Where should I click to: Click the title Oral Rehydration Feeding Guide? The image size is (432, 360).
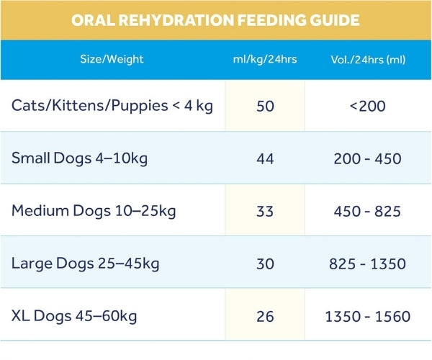[x=215, y=20]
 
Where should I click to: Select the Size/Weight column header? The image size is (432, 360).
[x=112, y=59]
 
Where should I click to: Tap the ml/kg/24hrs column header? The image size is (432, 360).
[x=265, y=59]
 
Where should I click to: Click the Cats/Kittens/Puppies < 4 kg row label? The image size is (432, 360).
[x=112, y=105]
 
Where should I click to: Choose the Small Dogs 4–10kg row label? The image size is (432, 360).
[x=79, y=158]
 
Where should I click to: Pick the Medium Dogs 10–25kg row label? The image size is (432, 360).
[x=94, y=211]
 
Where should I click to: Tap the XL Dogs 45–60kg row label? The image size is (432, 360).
[x=74, y=315]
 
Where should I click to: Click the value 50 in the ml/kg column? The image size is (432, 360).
[x=265, y=106]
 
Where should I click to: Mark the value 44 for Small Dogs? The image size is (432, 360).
[x=265, y=158]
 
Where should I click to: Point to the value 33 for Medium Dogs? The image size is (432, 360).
[x=265, y=212]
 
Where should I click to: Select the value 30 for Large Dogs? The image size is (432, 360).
[x=265, y=264]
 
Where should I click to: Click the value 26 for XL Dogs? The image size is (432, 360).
[x=265, y=316]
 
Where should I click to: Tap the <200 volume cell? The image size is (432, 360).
[x=367, y=106]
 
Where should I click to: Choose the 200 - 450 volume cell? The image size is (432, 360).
[x=367, y=158]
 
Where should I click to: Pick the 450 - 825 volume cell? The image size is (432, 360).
[x=367, y=212]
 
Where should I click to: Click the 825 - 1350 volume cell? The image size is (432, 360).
[x=367, y=264]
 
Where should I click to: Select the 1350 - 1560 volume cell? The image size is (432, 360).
[x=367, y=316]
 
